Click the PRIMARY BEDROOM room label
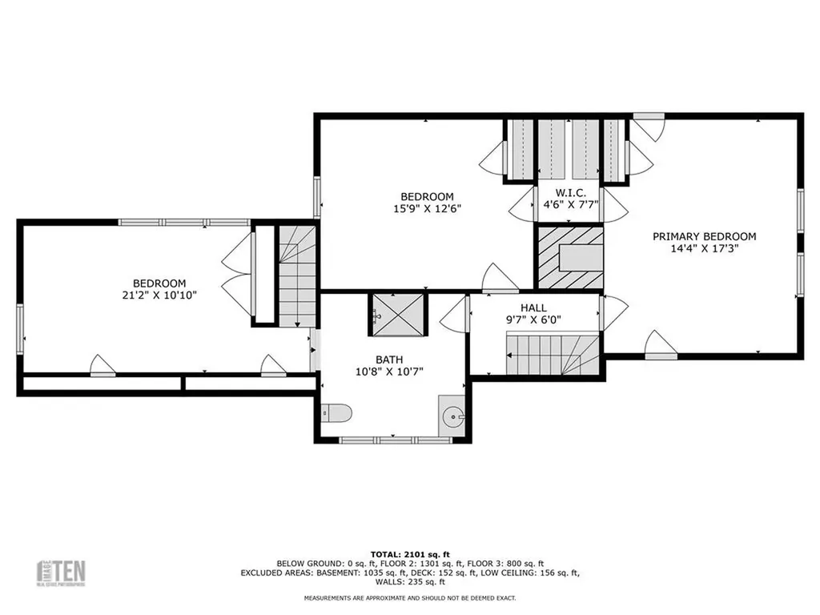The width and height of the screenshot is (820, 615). click(x=704, y=236)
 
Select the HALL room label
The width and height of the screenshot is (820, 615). click(x=534, y=307)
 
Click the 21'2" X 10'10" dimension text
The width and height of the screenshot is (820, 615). click(x=159, y=295)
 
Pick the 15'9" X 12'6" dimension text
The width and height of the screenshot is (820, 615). click(x=427, y=208)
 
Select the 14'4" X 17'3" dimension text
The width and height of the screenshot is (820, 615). click(x=704, y=248)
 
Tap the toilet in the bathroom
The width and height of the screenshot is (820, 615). click(x=336, y=413)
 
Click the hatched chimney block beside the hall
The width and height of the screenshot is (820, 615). click(x=569, y=257)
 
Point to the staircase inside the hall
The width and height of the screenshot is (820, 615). click(x=553, y=355)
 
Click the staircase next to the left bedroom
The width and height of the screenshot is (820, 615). click(x=297, y=276)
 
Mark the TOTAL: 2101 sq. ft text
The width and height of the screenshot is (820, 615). click(x=409, y=554)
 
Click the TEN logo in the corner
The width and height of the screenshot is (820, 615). click(x=62, y=572)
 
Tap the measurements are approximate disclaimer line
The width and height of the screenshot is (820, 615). click(x=409, y=598)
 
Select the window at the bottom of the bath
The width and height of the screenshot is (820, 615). click(x=391, y=440)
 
